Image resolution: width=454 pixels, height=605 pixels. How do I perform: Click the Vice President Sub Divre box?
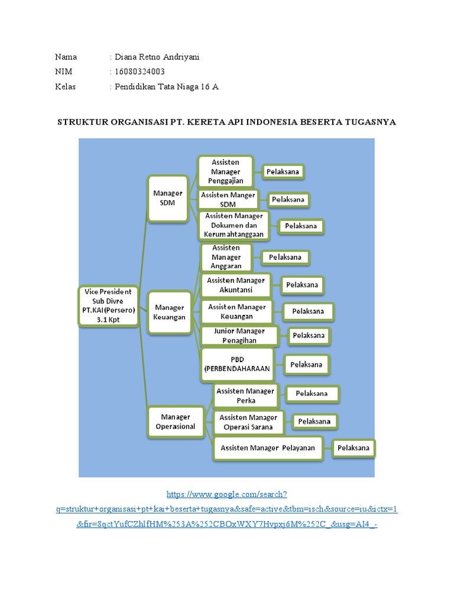[108, 306]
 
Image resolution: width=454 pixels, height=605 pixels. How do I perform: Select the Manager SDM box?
[168, 198]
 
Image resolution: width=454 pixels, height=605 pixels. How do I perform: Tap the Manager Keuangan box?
[170, 312]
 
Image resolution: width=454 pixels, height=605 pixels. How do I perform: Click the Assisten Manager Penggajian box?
[225, 171]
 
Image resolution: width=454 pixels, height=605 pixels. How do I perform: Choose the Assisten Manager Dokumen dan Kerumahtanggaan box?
[234, 225]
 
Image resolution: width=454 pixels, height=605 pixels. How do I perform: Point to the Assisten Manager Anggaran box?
[226, 257]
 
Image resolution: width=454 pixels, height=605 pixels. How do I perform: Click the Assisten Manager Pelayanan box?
[267, 448]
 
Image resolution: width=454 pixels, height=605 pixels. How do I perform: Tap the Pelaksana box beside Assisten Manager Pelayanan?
[354, 448]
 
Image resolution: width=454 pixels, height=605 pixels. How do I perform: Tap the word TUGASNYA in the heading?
[369, 122]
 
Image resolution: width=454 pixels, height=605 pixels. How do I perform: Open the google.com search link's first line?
[227, 493]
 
